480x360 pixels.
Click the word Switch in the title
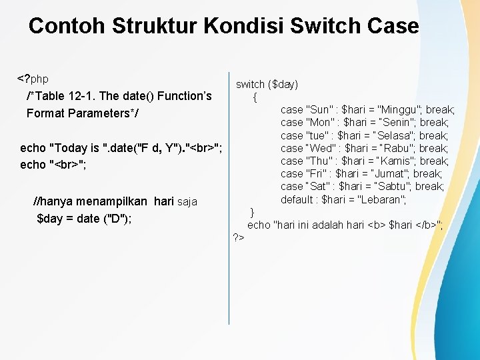coord(325,26)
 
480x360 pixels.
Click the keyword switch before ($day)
coord(250,84)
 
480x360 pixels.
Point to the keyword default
coord(297,199)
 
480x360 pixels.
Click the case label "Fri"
coord(317,174)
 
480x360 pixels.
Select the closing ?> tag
coord(239,237)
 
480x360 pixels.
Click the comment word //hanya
coord(53,201)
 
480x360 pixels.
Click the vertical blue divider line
coord(229,200)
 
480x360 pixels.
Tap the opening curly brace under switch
coord(255,97)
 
